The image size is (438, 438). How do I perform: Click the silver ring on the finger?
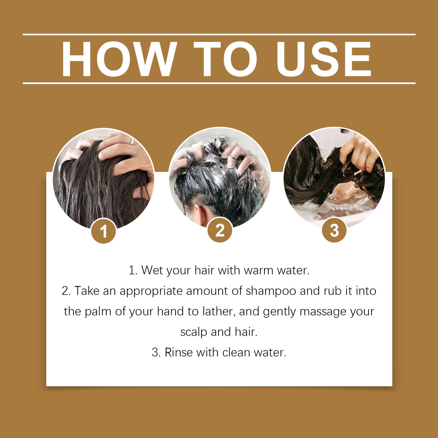click(132, 141)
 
